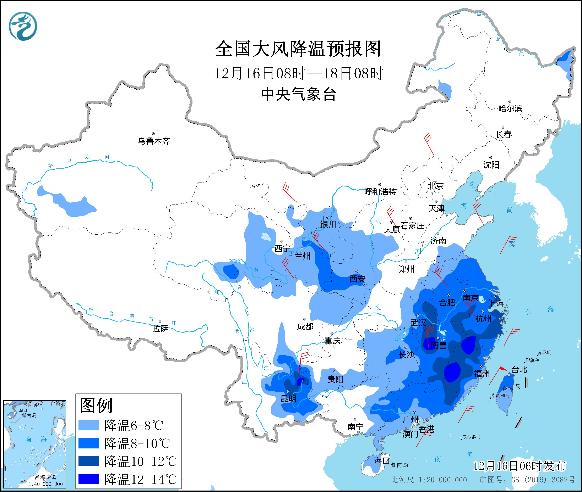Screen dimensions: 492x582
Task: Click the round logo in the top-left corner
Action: [x=23, y=26]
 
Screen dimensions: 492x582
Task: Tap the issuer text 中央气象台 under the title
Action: [x=298, y=94]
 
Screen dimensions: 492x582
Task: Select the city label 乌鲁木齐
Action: [x=153, y=141]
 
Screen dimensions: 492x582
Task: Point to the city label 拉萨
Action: [x=161, y=329]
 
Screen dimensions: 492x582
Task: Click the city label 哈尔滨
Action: [x=510, y=108]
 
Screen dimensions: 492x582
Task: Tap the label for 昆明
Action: [x=288, y=399]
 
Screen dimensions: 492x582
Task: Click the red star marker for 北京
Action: [x=426, y=192]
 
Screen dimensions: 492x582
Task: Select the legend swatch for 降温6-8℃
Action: [x=89, y=425]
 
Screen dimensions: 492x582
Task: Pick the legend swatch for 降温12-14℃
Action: [x=89, y=479]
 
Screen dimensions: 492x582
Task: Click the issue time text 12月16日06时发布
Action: [x=520, y=466]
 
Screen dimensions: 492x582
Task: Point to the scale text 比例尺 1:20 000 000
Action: [x=429, y=480]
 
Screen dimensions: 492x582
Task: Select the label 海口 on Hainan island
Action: [x=382, y=460]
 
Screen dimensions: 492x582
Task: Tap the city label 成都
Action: [x=305, y=326]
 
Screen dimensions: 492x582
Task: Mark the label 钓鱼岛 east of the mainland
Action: [x=533, y=360]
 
